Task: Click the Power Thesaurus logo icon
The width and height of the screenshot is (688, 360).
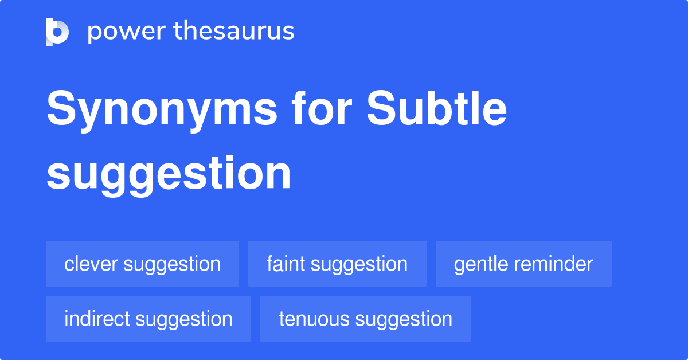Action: pos(57,32)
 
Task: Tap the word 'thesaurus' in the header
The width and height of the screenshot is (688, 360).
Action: pos(234,32)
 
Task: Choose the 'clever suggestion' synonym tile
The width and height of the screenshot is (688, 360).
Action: pos(142,264)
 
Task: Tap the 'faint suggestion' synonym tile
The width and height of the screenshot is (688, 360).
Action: pos(337,264)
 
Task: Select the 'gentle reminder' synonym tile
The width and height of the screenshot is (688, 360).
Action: pos(523,264)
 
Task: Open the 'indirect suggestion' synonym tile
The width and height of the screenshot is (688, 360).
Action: pos(148,319)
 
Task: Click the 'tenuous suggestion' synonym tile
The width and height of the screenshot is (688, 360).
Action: pos(365,319)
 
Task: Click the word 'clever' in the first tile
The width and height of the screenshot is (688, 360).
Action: pos(91,264)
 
